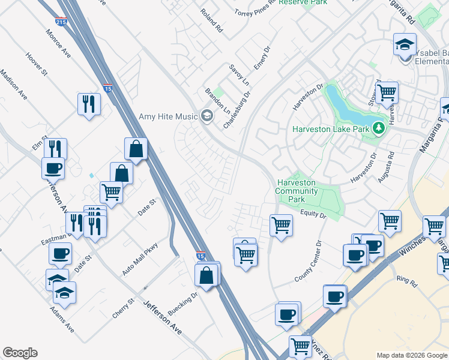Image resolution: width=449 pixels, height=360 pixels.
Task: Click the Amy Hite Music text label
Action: (x=168, y=116)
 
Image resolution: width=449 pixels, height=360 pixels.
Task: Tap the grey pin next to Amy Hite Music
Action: (x=207, y=116)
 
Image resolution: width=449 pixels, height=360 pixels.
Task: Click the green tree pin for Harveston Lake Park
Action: (x=378, y=128)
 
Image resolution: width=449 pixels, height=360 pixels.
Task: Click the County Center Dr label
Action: (x=309, y=262)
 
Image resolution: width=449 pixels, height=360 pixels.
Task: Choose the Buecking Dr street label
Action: (x=186, y=304)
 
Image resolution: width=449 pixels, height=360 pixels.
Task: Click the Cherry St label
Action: (x=122, y=308)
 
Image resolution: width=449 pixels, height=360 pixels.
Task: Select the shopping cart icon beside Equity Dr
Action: (x=280, y=226)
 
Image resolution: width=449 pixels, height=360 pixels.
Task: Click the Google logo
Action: (x=20, y=353)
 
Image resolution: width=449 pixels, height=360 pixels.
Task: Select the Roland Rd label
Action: (x=212, y=20)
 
